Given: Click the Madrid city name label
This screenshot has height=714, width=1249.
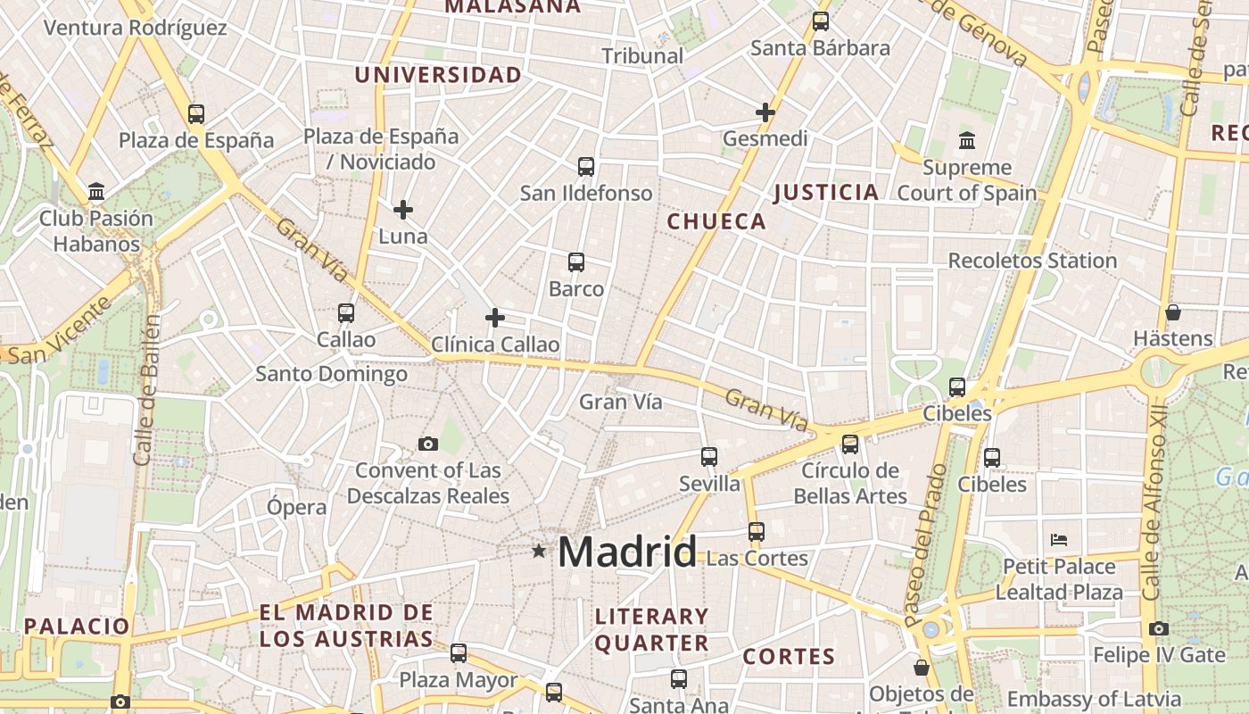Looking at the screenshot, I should (x=626, y=552).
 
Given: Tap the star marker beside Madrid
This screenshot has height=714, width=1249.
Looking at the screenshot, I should (x=539, y=552).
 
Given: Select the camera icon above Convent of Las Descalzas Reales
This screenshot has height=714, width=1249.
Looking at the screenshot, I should (x=428, y=444).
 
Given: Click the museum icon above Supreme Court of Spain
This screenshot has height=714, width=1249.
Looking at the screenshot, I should (x=967, y=141).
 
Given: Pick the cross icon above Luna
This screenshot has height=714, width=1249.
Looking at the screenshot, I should (x=403, y=210).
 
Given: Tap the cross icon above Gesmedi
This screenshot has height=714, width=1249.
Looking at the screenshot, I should (x=765, y=112).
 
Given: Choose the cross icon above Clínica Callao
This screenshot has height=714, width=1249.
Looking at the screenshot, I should (x=495, y=318).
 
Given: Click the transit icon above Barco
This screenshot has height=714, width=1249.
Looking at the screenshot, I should (x=576, y=262).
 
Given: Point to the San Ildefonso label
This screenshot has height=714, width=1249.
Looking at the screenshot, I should (x=586, y=193).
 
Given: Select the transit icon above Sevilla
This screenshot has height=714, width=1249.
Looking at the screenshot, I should (x=709, y=457).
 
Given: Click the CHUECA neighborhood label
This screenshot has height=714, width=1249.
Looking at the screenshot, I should (x=716, y=222).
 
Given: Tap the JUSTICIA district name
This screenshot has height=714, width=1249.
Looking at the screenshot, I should (x=826, y=192).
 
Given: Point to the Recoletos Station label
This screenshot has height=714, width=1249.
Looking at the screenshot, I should (x=1032, y=261).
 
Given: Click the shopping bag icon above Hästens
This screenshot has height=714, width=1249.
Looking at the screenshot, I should (x=1173, y=312).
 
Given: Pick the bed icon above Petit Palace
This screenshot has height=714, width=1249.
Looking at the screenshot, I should (x=1059, y=540).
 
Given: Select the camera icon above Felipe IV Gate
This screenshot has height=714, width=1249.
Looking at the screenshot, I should (x=1159, y=629).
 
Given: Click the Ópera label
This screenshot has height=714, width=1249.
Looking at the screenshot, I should (x=297, y=507).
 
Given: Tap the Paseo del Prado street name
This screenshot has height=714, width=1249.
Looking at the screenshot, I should (x=926, y=544).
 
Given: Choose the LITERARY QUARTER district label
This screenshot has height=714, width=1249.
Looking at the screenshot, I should (x=651, y=629).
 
